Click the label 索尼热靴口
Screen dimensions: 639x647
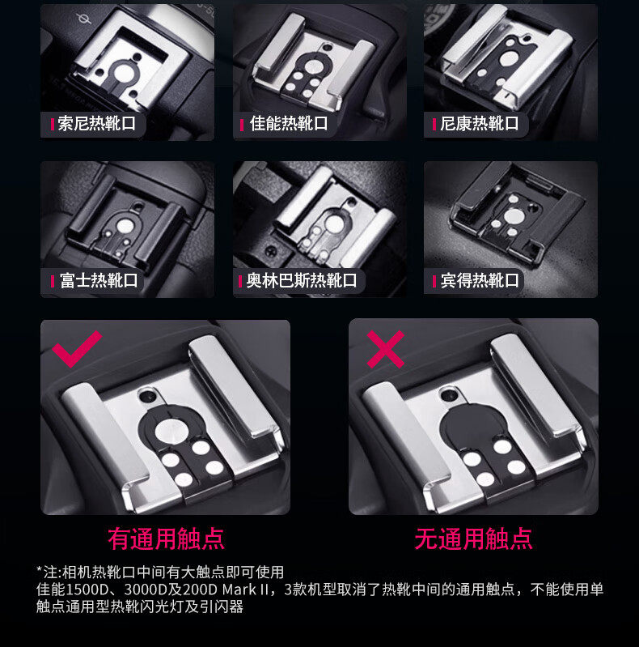96,123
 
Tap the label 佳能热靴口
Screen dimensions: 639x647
289,123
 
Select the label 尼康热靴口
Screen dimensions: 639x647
480,123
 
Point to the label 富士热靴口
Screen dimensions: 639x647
99,280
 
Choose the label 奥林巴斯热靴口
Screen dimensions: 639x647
302,280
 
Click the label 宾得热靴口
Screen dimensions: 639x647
480,280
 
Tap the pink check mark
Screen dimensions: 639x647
77,349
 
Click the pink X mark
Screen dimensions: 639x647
386,349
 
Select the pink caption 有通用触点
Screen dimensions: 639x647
166,538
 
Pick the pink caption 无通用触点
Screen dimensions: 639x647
473,538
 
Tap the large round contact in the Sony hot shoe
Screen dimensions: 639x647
124,73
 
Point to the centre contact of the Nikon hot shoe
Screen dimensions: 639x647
509,58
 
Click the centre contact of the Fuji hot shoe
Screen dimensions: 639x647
125,226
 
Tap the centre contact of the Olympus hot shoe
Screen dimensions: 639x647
334,224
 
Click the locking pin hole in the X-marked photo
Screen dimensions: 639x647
449,395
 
